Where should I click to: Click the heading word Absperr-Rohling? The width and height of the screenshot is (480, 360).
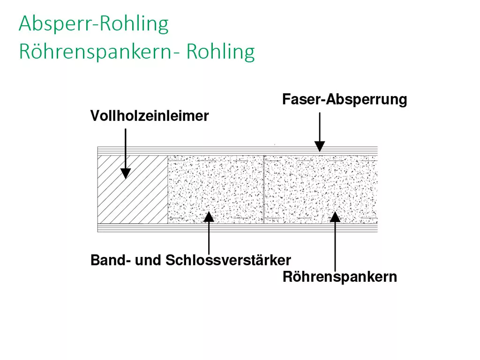94,24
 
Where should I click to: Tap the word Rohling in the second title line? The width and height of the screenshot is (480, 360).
220,51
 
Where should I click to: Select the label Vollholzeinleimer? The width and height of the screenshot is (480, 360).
150,116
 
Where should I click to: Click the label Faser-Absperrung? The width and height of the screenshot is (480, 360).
345,99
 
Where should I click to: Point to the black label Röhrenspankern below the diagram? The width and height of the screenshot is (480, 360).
340,277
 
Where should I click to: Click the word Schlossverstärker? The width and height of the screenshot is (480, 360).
228,260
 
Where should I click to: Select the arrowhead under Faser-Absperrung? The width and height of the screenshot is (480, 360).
320,146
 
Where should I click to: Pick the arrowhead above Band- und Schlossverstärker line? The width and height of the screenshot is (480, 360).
209,217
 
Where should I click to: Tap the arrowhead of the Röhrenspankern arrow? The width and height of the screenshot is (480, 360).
335,217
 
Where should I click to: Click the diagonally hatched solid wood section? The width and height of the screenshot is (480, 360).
133,189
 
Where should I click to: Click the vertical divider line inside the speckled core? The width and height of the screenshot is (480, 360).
263,189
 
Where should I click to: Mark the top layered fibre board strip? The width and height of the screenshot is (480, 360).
238,151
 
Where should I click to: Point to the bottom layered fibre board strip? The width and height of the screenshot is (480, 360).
238,228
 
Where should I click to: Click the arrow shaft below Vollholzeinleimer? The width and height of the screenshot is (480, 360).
126,149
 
